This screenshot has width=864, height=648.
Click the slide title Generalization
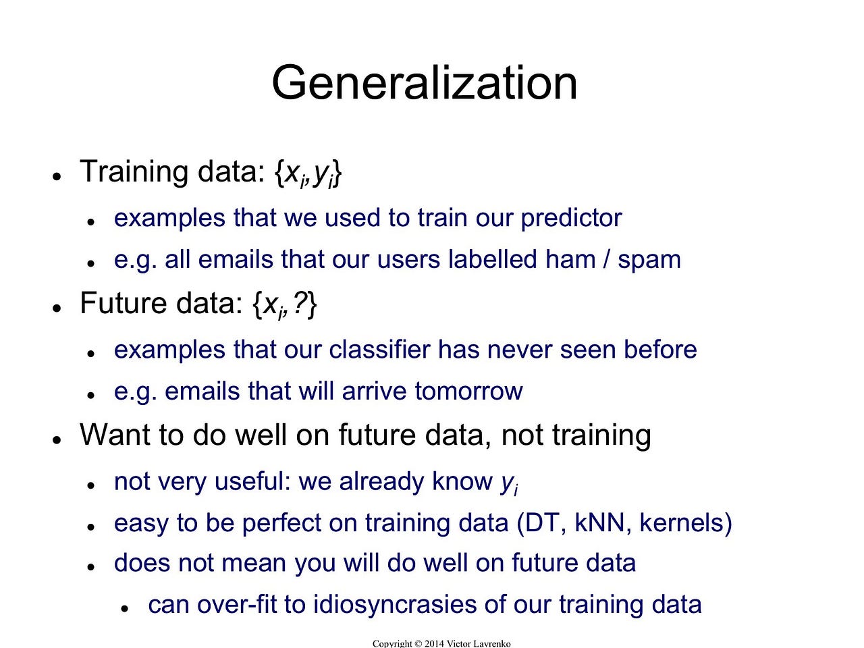pos(424,83)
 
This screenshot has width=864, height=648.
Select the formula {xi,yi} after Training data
pos(308,173)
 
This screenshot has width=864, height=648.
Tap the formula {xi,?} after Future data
pos(284,304)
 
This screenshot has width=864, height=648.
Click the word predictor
pos(571,218)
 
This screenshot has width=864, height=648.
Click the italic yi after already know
pos(509,483)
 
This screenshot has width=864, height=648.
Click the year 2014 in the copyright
pos(434,643)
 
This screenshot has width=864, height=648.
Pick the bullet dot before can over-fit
pos(125,608)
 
